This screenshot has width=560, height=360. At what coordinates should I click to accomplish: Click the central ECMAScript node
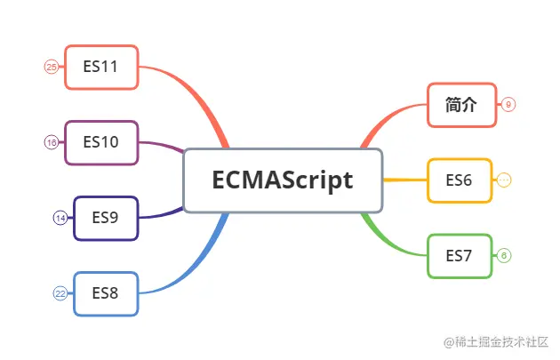click(283, 180)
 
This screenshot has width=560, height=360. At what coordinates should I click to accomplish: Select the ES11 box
click(101, 67)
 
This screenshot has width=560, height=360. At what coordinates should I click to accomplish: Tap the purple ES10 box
click(101, 142)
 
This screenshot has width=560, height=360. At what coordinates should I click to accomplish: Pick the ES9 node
click(106, 218)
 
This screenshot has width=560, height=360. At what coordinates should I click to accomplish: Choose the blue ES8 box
click(106, 293)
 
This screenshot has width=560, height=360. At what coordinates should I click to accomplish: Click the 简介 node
click(460, 105)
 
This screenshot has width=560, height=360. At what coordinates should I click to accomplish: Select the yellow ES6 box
click(460, 180)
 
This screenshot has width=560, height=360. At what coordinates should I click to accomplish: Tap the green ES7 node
click(460, 256)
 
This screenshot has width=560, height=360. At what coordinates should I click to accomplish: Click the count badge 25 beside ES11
click(51, 67)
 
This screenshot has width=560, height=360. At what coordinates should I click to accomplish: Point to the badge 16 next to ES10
click(51, 142)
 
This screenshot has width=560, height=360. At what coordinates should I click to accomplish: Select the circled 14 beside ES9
click(60, 218)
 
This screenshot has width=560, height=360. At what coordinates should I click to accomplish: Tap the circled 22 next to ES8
click(60, 293)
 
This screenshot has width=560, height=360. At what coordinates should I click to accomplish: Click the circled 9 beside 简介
click(508, 105)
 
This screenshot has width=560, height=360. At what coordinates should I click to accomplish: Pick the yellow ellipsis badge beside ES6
click(504, 180)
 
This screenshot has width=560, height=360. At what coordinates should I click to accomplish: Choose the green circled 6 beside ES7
click(504, 256)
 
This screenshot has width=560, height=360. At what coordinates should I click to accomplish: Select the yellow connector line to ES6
click(404, 180)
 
